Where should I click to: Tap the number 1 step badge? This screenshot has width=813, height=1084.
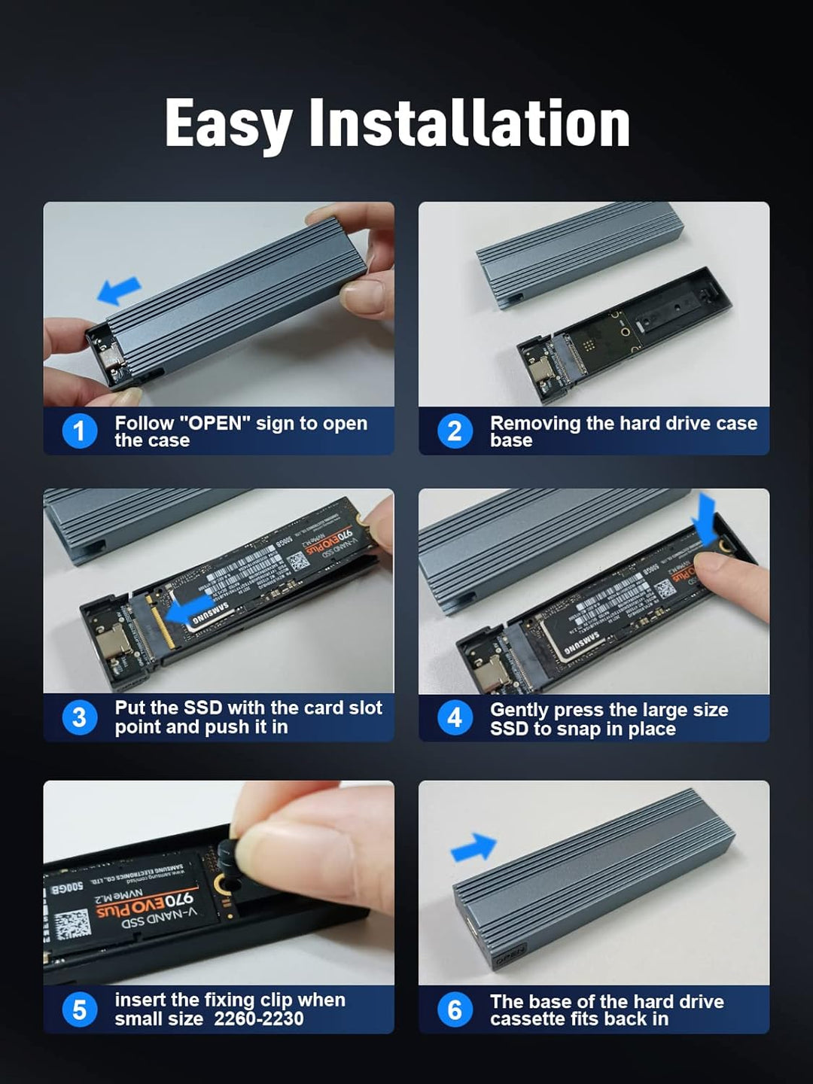79,431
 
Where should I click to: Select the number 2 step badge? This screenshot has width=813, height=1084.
455,431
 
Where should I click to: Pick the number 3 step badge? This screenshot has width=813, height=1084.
79,717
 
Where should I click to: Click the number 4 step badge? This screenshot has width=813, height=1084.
455,717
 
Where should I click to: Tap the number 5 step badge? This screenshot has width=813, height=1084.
79,1009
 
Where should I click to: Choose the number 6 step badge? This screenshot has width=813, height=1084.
455,1009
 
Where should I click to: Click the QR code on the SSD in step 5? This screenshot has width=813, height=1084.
72,925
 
